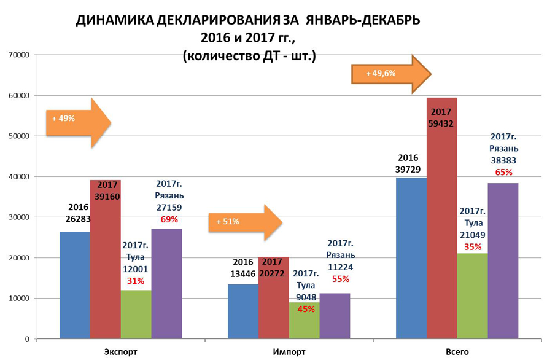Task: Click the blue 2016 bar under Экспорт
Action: tap(74, 285)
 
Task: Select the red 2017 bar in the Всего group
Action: tap(441, 233)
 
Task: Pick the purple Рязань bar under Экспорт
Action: tap(166, 283)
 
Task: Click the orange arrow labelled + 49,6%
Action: tap(390, 74)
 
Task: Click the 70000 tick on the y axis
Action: tap(19, 55)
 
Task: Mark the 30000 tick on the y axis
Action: tap(19, 217)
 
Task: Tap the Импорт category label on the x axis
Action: tap(289, 352)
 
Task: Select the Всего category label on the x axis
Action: tap(457, 352)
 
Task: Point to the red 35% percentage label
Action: tap(472, 247)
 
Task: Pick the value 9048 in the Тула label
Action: tap(305, 297)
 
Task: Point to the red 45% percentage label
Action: tap(305, 309)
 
